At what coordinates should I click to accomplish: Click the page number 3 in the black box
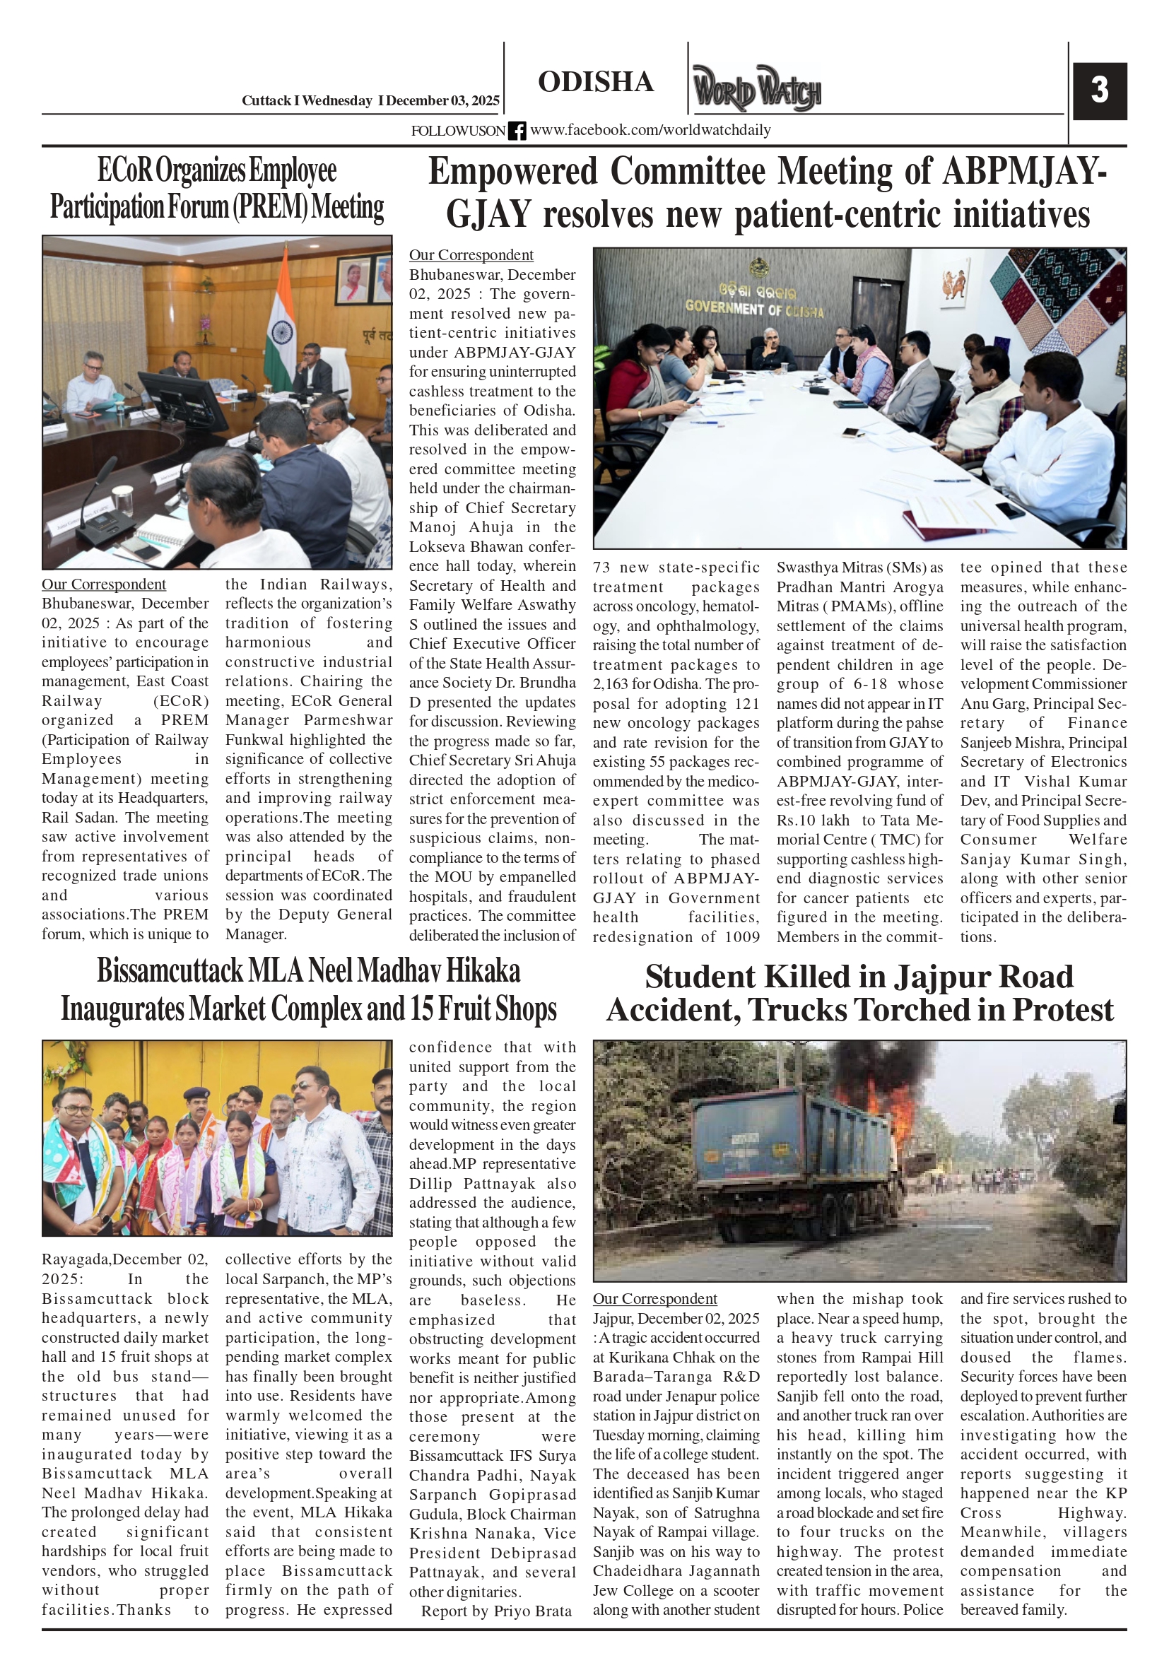1099,90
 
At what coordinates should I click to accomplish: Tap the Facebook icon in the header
517,131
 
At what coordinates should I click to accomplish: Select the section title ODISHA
596,82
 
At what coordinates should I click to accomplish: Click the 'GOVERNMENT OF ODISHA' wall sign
754,309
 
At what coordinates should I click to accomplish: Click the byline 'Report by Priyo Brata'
496,1611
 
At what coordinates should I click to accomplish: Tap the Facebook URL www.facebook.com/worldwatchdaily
650,130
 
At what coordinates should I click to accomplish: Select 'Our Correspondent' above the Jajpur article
654,1299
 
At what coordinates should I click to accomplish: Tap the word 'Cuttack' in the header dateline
266,101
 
